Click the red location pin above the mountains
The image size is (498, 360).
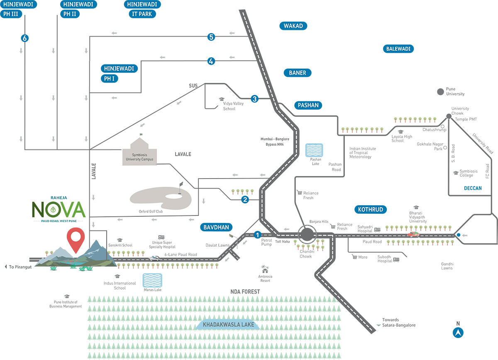point(76,239)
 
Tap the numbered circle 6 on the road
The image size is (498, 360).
point(25,39)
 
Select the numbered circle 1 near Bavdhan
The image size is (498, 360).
point(257,235)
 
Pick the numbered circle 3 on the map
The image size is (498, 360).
point(254,99)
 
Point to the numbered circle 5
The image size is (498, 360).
point(211,37)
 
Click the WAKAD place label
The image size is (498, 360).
point(293,26)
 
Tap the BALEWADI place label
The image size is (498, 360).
point(398,49)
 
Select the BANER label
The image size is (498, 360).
point(297,73)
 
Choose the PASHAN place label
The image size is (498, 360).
point(308,105)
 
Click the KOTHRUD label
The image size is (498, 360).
point(371,209)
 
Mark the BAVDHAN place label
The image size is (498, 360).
point(216,227)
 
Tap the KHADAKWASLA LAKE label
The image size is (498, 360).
point(228,325)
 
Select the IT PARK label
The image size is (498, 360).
point(142,14)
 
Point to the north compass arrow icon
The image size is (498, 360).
point(458,332)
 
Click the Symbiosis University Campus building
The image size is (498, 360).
point(140,152)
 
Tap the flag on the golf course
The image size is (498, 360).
point(181,185)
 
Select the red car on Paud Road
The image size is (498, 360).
point(413,234)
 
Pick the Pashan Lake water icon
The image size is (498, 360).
point(314,150)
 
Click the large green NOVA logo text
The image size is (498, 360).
point(59,210)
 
